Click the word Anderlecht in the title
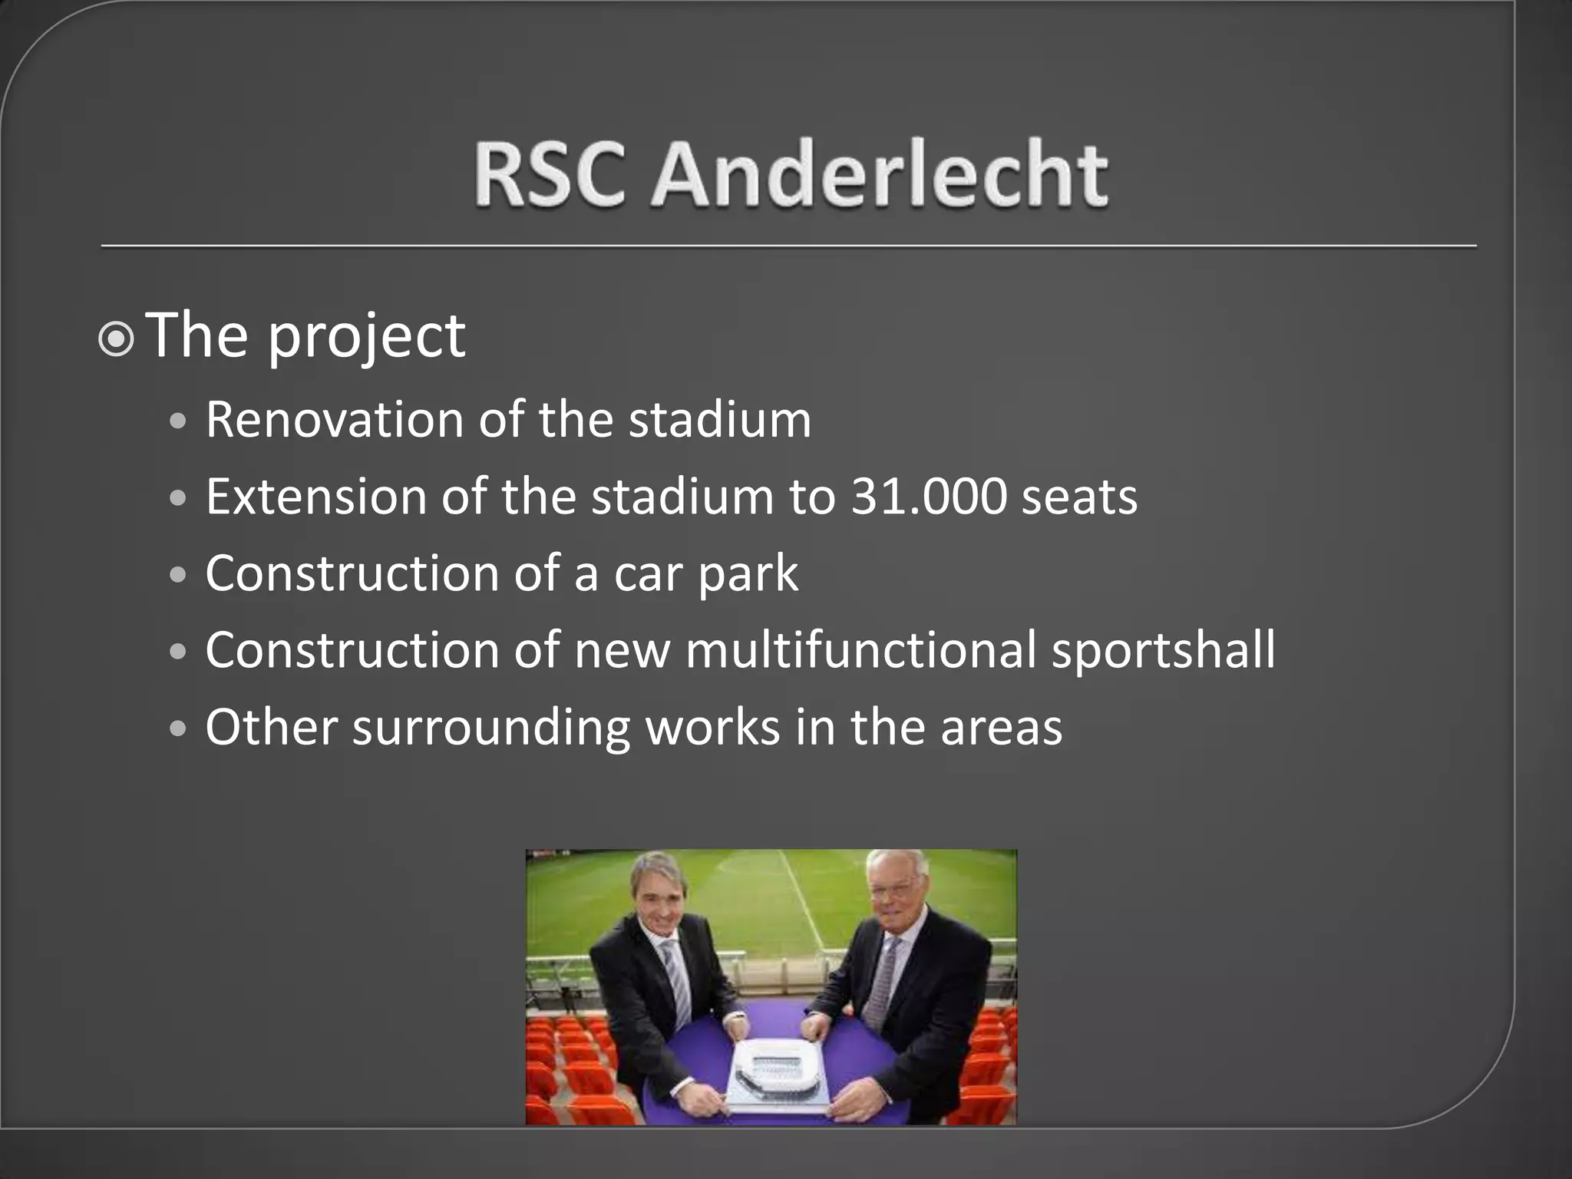click(x=879, y=175)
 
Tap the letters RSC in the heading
click(x=550, y=175)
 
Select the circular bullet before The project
click(x=117, y=339)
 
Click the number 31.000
click(x=929, y=497)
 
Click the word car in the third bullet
click(x=646, y=575)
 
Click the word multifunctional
click(x=860, y=650)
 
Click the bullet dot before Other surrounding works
click(x=178, y=728)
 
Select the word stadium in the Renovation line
click(x=719, y=420)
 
